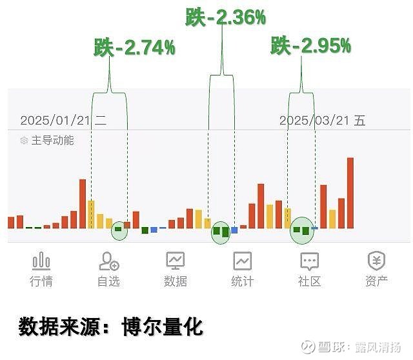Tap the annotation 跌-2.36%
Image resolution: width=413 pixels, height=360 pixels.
(225, 17)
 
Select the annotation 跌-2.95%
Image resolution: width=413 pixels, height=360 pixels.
(310, 46)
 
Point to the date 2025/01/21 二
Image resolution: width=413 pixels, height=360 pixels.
(63, 120)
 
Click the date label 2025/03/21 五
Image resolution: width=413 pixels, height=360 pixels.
(322, 120)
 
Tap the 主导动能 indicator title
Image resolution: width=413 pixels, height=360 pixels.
(52, 140)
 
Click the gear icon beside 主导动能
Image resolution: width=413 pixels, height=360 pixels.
(25, 140)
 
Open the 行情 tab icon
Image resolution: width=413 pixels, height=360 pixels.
(41, 261)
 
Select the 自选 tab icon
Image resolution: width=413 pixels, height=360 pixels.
(108, 261)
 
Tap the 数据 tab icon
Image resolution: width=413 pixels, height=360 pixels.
(176, 261)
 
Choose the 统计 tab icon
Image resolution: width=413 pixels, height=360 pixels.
(243, 261)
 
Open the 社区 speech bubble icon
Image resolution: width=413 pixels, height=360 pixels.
(310, 261)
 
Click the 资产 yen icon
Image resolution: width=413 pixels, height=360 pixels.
(376, 261)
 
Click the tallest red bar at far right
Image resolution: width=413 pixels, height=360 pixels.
(350, 193)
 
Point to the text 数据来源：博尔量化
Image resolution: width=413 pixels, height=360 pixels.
(110, 326)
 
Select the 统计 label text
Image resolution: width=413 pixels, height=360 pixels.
(243, 281)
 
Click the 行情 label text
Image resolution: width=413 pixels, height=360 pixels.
(41, 281)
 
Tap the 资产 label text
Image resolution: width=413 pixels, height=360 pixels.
(376, 281)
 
